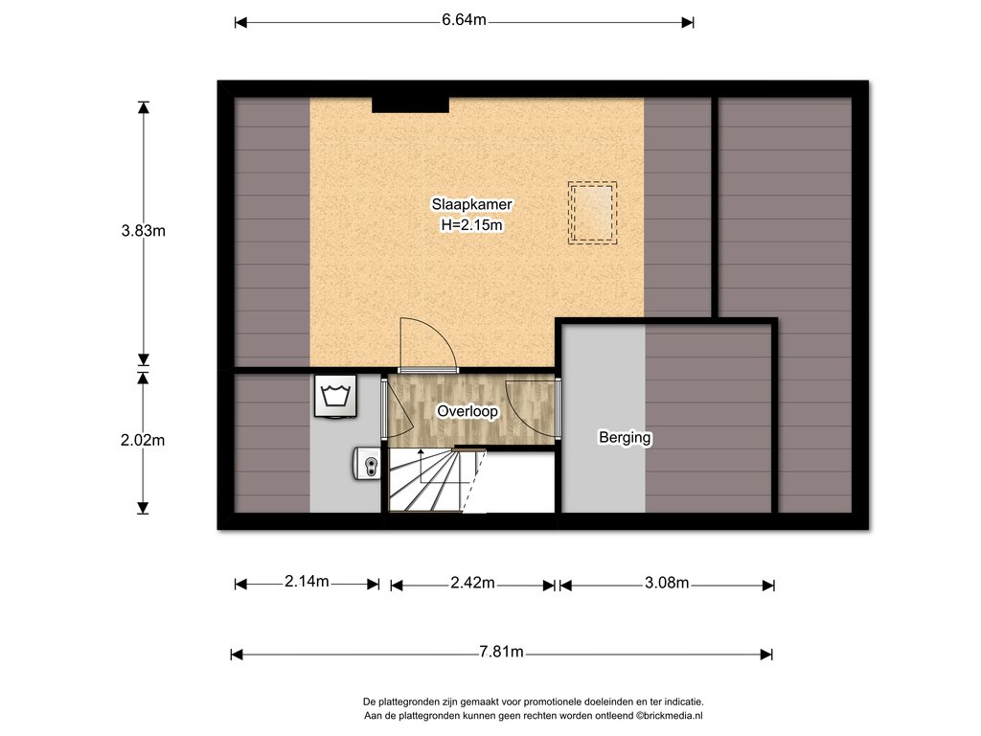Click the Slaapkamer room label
tap(471, 205)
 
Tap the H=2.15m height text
tap(471, 225)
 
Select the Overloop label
tap(468, 411)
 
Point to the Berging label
tap(625, 437)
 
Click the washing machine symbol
tap(335, 396)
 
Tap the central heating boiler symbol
tap(367, 464)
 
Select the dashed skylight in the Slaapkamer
tap(592, 213)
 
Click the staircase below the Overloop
tap(438, 480)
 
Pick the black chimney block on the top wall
tap(410, 104)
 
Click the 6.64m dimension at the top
tap(465, 20)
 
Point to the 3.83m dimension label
tap(144, 231)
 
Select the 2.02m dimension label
tap(143, 441)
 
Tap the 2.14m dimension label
tap(307, 582)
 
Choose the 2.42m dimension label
tap(472, 584)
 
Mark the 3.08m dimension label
tap(667, 584)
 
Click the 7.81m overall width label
tap(501, 652)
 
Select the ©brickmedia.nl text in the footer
tap(670, 716)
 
